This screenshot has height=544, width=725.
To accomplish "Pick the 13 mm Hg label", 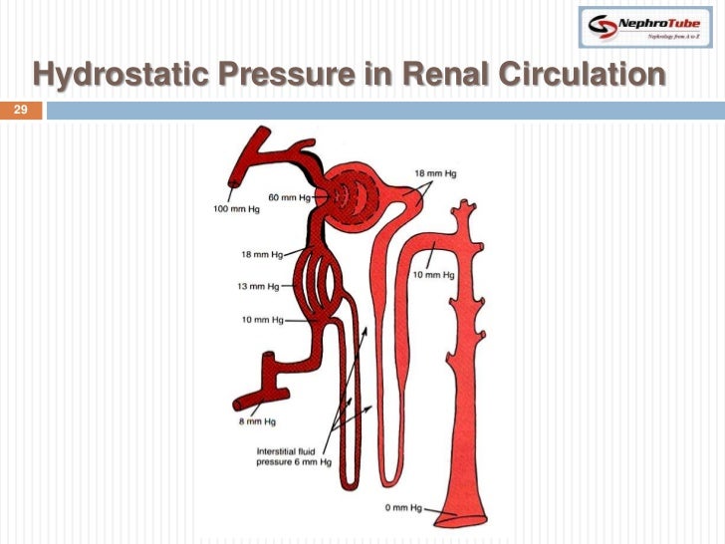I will (259, 287).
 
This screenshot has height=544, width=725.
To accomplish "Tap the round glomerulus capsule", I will (360, 189).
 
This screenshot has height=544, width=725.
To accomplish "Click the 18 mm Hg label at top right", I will (436, 172).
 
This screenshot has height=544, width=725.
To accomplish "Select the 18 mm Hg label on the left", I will (260, 254).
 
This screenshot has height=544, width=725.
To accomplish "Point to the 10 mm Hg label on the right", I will (434, 274).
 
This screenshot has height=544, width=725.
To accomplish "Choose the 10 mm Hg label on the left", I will (262, 321).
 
